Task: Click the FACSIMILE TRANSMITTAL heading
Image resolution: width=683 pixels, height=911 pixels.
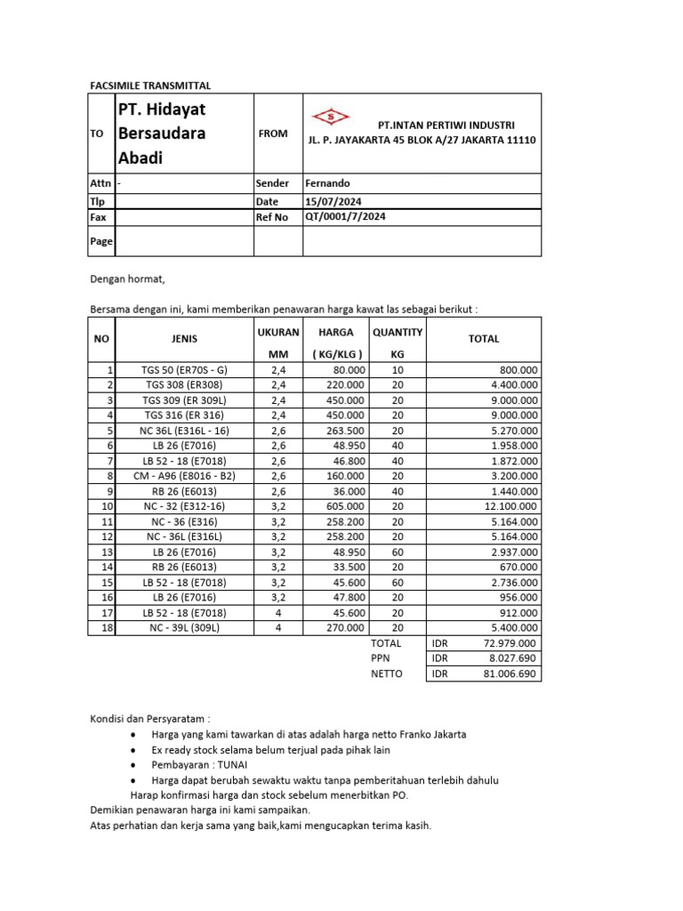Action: [x=150, y=85]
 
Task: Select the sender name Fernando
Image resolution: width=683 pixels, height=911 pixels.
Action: [x=327, y=183]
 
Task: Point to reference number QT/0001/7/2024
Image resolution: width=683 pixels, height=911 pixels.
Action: [x=345, y=217]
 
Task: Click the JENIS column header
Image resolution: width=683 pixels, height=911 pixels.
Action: [x=185, y=339]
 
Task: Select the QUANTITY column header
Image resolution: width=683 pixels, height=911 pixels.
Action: [x=398, y=333]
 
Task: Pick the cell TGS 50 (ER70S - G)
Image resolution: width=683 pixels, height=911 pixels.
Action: [x=185, y=370]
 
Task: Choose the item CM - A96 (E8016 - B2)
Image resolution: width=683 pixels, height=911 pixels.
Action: [x=185, y=476]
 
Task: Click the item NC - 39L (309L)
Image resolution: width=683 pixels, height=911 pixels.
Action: [x=185, y=628]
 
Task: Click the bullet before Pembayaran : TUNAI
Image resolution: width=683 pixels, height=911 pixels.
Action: [x=133, y=765]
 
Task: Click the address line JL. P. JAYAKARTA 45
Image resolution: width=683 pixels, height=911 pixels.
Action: [x=422, y=141]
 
